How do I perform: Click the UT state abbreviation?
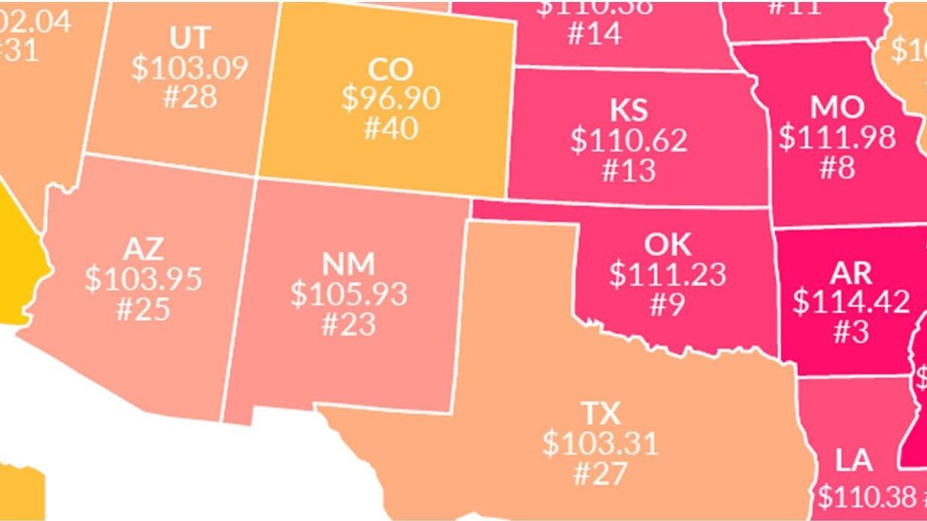click(x=190, y=37)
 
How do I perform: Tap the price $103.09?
click(x=190, y=68)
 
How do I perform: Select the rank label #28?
click(x=190, y=97)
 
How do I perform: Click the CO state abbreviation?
click(x=390, y=69)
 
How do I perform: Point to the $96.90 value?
click(x=391, y=98)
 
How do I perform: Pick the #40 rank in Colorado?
click(x=391, y=127)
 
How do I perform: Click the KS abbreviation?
click(x=629, y=110)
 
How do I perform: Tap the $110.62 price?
click(x=629, y=140)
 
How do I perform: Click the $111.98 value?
click(x=838, y=138)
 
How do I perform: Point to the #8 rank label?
click(x=838, y=168)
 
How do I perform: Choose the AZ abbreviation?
click(x=143, y=249)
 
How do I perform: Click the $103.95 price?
click(x=143, y=278)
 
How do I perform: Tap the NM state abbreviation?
click(x=349, y=263)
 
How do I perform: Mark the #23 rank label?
click(x=349, y=324)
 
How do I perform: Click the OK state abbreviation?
click(x=667, y=244)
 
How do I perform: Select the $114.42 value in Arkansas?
click(x=851, y=302)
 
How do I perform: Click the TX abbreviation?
click(x=600, y=413)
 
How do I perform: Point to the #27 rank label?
click(x=600, y=473)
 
